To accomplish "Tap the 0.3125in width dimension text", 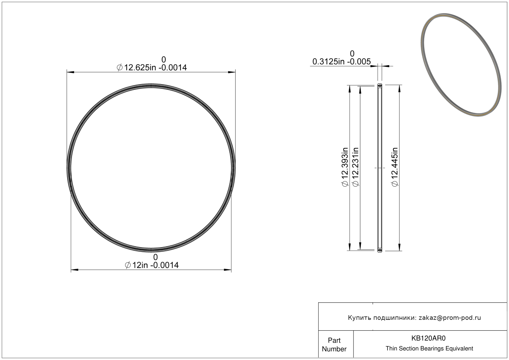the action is click(341, 61).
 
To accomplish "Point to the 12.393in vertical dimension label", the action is click(345, 167).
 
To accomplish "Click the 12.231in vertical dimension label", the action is click(355, 167).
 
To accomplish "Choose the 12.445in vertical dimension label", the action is click(395, 167).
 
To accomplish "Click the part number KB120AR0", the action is click(428, 338).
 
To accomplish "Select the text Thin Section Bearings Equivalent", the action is click(429, 349).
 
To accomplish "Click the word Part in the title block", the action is click(334, 341).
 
